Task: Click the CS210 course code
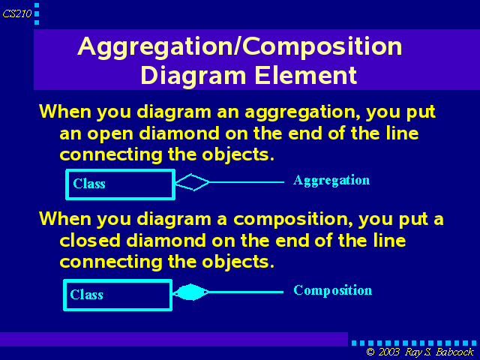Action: (17, 13)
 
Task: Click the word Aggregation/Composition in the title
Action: (240, 46)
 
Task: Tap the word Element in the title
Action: (306, 75)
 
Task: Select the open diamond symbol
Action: (192, 182)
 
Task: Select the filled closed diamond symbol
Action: (190, 292)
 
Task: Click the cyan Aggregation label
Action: (331, 181)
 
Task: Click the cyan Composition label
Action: (333, 290)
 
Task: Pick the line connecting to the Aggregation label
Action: (247, 182)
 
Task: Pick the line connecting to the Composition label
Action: (246, 292)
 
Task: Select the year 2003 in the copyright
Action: (388, 352)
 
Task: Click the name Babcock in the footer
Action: (454, 352)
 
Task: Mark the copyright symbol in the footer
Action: (370, 352)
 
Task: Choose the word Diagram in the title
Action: (193, 76)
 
